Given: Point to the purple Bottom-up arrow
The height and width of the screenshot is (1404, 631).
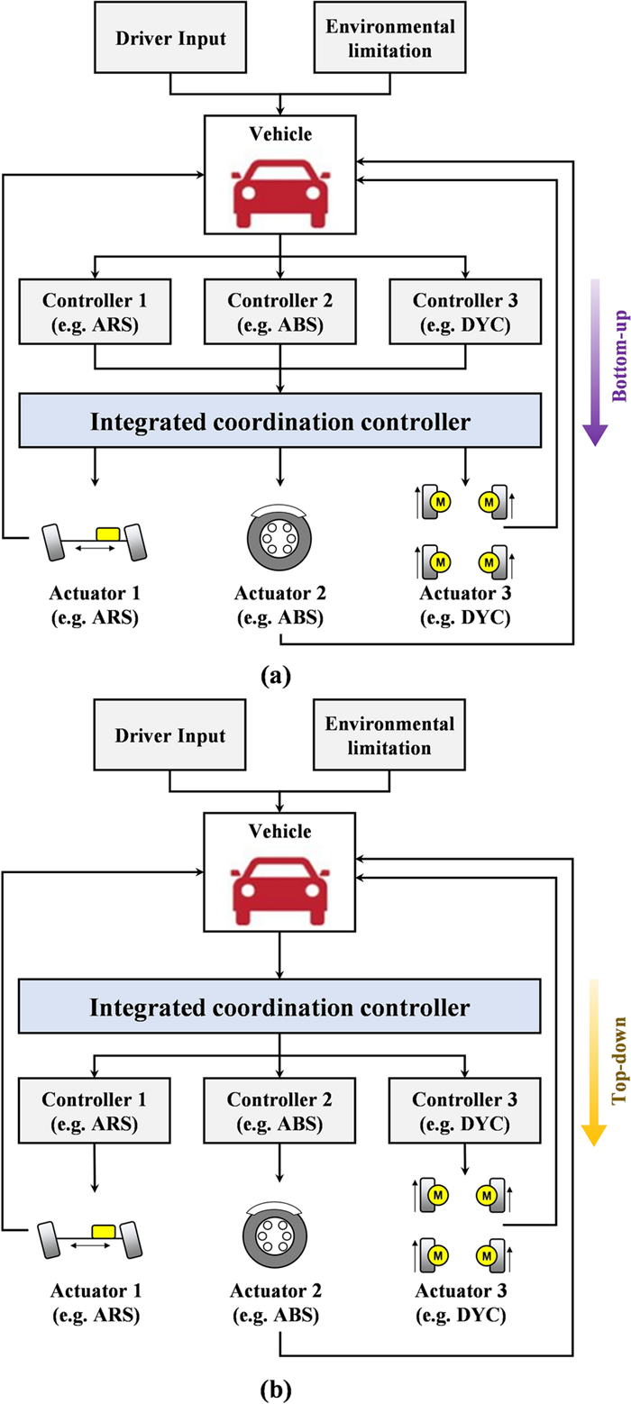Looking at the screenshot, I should [x=594, y=360].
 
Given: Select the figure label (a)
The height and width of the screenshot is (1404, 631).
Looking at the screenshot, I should [x=279, y=672].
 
